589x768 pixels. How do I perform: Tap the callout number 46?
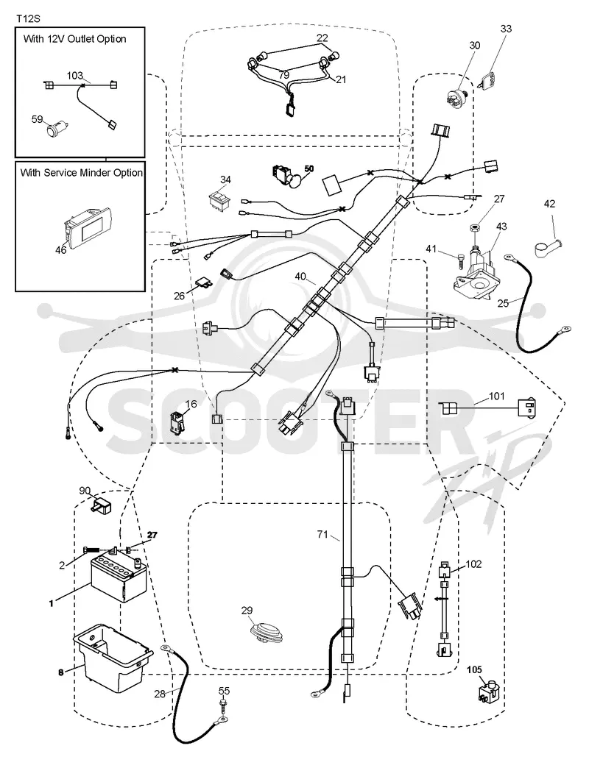61,250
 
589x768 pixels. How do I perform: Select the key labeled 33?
485,80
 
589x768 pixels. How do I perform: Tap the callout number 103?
75,76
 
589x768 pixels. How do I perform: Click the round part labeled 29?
267,630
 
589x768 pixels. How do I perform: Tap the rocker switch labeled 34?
219,200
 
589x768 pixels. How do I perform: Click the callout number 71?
322,534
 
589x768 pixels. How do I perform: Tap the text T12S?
28,18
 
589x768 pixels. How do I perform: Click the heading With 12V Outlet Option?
74,39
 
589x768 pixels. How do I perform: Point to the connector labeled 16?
176,422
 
